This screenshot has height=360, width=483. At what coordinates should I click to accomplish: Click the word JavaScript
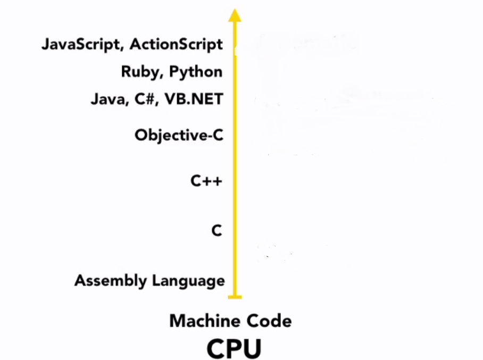point(82,44)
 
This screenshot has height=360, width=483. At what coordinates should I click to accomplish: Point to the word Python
point(195,72)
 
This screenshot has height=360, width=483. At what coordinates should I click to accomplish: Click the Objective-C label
point(179,135)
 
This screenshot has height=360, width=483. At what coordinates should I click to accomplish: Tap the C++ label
point(206,181)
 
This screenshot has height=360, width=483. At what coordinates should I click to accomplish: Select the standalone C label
point(216,231)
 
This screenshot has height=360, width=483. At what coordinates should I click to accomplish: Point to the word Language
point(188,281)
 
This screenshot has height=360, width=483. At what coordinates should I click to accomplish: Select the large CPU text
point(234,348)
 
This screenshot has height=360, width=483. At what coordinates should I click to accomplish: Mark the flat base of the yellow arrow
point(234,297)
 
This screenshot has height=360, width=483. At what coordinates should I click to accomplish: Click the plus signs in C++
point(212,181)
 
